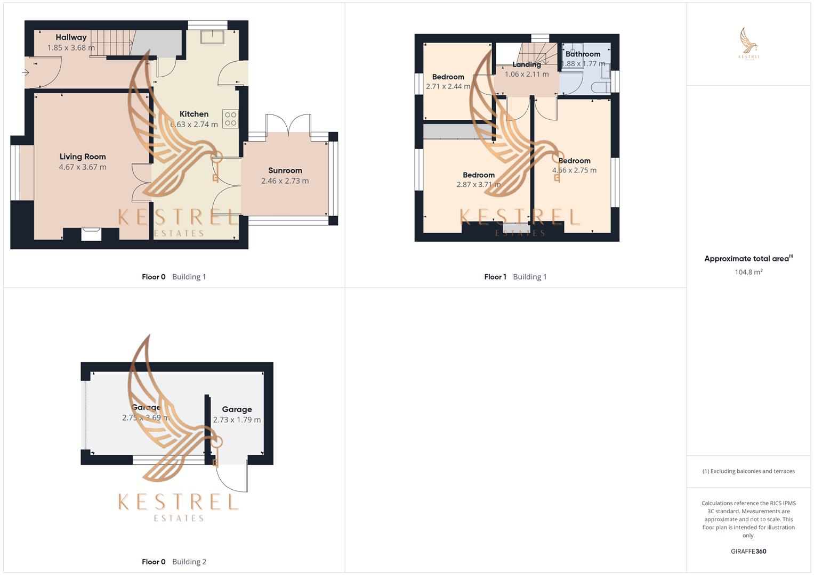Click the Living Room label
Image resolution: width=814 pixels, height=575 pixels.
83,157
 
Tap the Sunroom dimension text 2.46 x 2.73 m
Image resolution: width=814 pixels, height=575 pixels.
285,181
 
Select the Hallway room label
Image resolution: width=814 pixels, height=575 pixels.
71,37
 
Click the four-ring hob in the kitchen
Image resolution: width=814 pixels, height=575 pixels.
230,119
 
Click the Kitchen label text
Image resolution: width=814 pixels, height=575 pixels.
194,114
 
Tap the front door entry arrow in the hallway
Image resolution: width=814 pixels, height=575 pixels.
25,72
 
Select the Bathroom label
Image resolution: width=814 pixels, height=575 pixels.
583,54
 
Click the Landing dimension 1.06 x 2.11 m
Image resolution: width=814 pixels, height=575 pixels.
527,75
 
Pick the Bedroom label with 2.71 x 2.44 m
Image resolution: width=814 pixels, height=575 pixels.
448,77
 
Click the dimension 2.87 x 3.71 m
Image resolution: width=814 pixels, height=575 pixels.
478,185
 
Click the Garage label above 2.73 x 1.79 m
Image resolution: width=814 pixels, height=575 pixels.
237,409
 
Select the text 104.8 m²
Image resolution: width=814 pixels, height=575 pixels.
748,272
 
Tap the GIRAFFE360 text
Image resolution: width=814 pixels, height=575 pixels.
748,552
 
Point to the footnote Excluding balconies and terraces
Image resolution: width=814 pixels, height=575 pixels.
748,471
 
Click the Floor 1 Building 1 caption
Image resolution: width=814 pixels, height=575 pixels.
515,277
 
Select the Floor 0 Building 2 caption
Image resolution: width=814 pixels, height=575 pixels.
174,562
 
